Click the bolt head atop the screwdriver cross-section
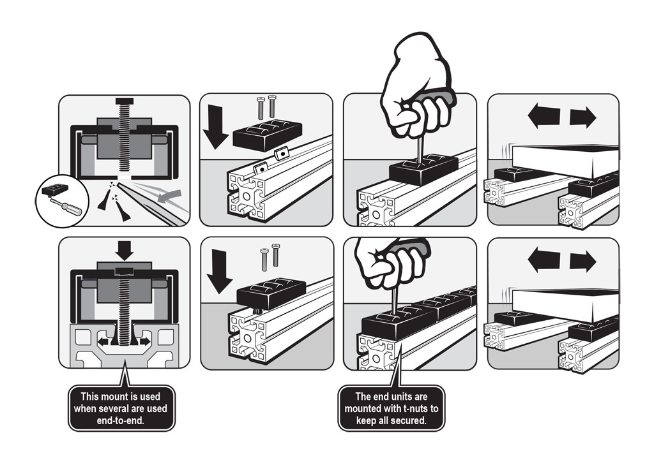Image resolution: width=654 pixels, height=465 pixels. [x=125, y=101]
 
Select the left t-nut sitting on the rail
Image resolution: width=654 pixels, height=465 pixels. [x=261, y=168]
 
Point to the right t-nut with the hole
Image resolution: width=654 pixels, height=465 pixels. [x=280, y=154]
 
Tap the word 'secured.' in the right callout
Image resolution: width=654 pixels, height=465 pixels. [x=411, y=420]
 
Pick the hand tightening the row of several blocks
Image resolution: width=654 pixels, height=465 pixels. [x=393, y=262]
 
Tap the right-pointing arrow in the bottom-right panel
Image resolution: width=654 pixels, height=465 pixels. [x=582, y=262]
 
